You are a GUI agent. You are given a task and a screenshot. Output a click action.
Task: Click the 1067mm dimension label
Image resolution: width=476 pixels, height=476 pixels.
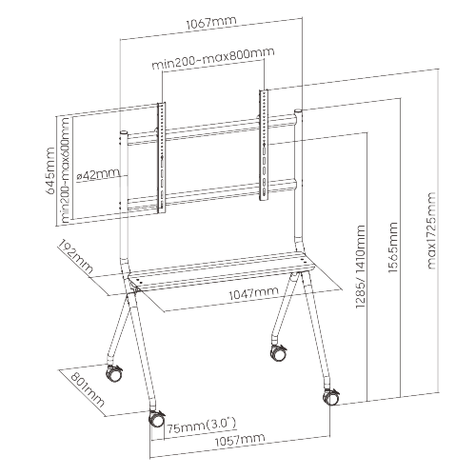click(211, 23)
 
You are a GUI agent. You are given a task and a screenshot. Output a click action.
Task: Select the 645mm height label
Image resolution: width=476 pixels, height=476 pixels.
click(50, 170)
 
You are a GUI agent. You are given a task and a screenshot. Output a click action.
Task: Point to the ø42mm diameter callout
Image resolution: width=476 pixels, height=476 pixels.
click(99, 174)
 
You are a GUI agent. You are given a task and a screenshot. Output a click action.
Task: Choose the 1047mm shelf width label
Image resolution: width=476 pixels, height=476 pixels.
click(253, 293)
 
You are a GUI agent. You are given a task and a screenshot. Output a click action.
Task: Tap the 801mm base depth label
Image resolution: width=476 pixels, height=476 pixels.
click(87, 390)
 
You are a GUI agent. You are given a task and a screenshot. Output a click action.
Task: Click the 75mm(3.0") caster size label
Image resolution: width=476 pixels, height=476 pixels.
click(202, 426)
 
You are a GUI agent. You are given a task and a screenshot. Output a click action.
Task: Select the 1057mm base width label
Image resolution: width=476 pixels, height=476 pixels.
click(240, 440)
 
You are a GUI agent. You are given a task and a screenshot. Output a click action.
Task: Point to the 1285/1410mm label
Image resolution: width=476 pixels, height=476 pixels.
click(360, 267)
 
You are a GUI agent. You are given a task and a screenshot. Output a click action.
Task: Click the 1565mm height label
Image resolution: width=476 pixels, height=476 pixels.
click(392, 248)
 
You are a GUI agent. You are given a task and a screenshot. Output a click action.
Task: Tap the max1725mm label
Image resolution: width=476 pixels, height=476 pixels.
click(430, 230)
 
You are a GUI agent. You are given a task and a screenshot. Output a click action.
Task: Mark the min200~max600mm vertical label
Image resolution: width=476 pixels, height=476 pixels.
click(65, 170)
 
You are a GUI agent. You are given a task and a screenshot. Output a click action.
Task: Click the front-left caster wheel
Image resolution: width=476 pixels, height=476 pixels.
click(156, 420)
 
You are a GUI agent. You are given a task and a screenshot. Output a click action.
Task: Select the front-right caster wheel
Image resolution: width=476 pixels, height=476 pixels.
click(331, 397)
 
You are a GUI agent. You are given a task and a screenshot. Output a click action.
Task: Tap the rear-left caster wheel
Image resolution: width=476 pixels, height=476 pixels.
click(114, 373)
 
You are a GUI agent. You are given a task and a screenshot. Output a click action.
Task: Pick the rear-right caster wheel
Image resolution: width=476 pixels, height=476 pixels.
click(278, 352)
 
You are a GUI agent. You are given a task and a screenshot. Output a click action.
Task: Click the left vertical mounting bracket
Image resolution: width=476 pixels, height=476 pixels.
click(162, 158)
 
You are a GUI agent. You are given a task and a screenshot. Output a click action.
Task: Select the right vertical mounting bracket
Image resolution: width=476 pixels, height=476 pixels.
click(264, 145)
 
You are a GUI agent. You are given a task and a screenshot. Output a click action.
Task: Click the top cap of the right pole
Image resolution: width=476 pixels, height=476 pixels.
click(298, 111)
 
